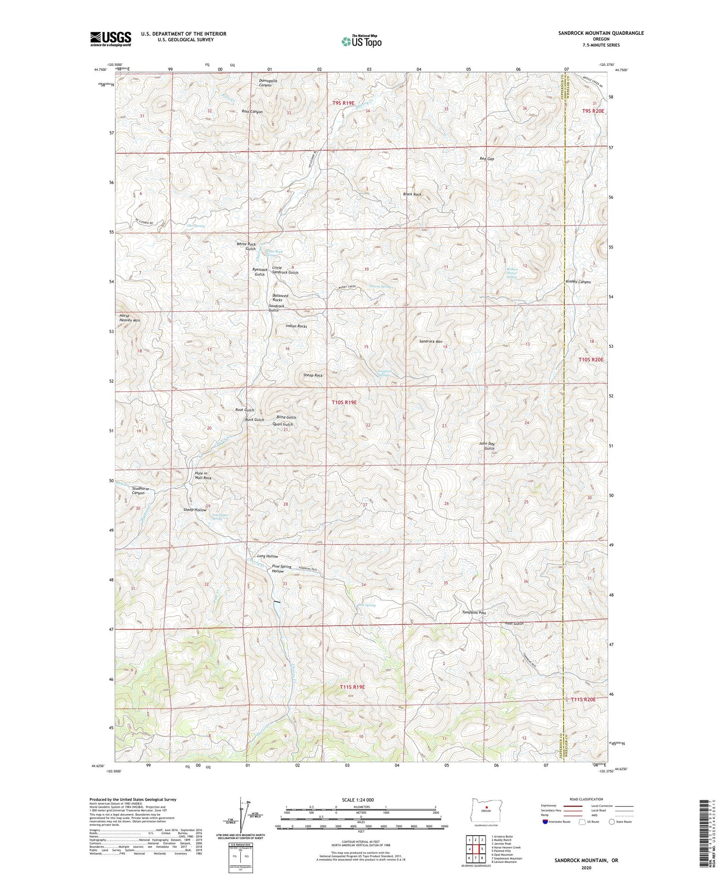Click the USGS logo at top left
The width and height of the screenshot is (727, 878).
111,39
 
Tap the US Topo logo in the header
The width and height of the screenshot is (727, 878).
361,42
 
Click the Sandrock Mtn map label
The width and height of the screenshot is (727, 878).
430,342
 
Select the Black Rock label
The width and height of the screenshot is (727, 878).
412,194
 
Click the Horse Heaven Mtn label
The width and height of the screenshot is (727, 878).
129,318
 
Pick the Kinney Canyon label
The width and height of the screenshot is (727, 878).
578,282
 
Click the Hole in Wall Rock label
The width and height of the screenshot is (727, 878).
203,476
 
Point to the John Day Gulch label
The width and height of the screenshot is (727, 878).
487,446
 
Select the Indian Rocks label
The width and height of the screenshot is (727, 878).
296,326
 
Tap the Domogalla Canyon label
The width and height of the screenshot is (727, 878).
268,83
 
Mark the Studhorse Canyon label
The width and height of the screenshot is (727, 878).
140,491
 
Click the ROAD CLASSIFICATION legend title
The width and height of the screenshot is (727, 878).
586,799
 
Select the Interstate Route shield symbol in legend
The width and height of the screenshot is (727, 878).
546,822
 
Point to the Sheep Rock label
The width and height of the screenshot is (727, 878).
313,375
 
